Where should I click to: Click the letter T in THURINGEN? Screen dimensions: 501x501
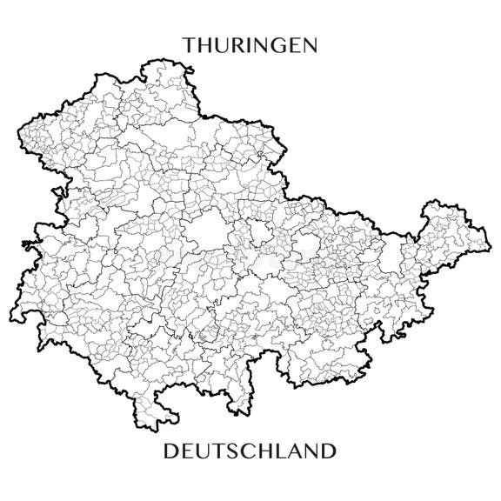click(189, 44)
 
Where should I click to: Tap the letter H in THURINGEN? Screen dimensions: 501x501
click(205, 44)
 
